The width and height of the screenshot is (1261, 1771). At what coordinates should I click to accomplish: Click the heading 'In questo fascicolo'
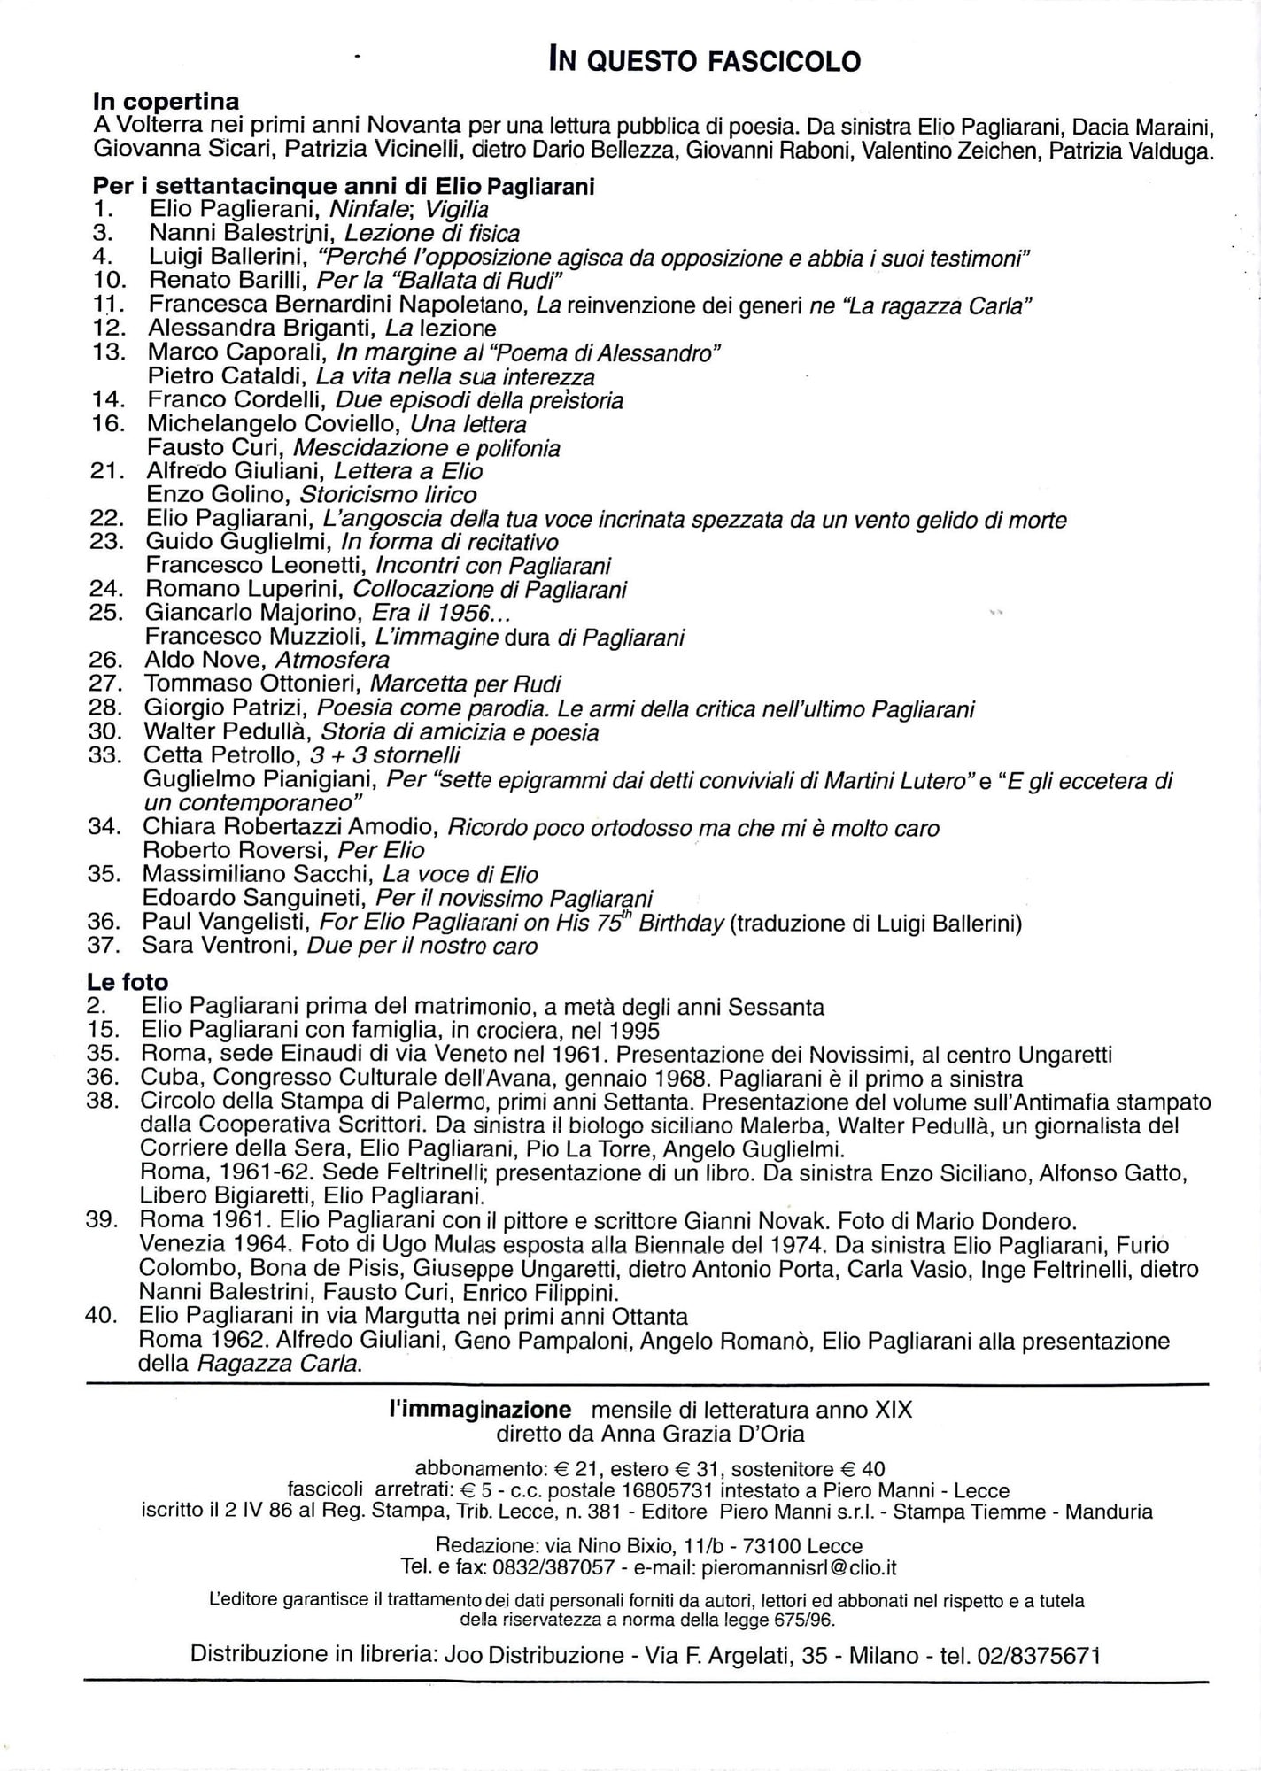tap(704, 60)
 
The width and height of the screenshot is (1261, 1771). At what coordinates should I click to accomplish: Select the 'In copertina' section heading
tap(166, 103)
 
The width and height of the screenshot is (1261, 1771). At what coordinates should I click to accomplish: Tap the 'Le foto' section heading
tap(128, 982)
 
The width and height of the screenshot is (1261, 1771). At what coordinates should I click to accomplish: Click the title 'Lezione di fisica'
tap(431, 234)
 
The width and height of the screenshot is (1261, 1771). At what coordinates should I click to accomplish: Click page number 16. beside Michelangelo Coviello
tap(107, 423)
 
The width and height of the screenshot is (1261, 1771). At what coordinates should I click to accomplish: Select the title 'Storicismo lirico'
tap(389, 495)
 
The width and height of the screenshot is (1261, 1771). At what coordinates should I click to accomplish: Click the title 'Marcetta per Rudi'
tap(465, 684)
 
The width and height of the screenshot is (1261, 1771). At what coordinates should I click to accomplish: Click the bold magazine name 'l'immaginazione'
tap(481, 1410)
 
